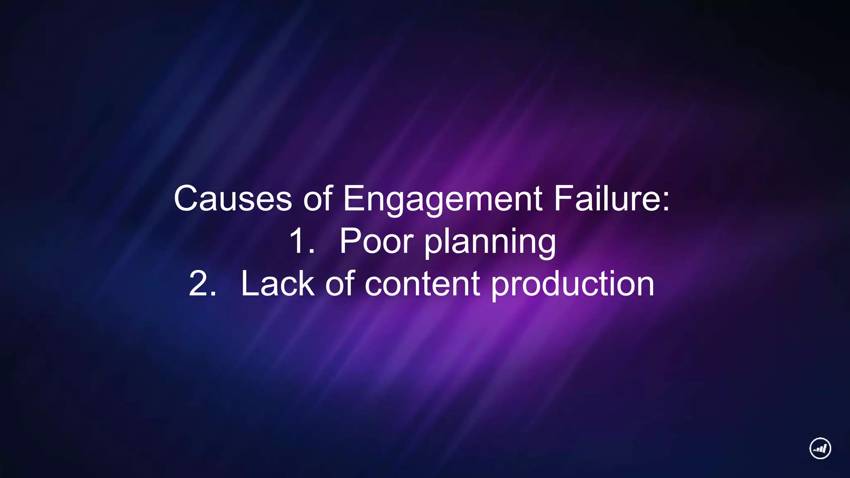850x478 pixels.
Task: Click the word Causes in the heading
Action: pos(232,199)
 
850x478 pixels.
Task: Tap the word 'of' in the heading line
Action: pos(318,199)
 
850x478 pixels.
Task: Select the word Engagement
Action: pos(442,199)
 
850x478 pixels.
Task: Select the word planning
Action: pos(490,243)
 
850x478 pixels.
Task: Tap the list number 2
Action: pos(202,284)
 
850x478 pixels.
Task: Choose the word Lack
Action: pos(277,284)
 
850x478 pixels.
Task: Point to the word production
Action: pos(573,285)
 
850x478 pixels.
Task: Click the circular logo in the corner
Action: pos(820,448)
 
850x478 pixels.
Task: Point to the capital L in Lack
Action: pos(249,284)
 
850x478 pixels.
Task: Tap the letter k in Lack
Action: pos(306,284)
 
